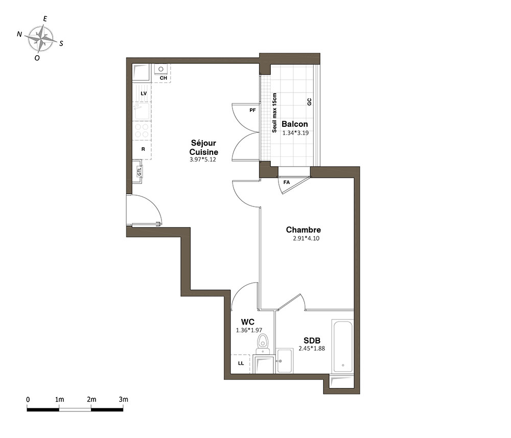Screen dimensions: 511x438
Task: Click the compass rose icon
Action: pyautogui.click(x=40, y=39)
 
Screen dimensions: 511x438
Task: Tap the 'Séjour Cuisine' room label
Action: pyautogui.click(x=204, y=147)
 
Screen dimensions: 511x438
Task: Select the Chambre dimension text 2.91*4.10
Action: pyautogui.click(x=306, y=238)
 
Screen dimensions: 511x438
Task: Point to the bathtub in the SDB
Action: pyautogui.click(x=342, y=347)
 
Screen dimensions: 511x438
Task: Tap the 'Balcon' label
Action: pyautogui.click(x=295, y=124)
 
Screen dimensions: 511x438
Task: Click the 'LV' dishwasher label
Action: pyautogui.click(x=144, y=94)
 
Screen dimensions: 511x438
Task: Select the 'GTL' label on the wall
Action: pyautogui.click(x=140, y=171)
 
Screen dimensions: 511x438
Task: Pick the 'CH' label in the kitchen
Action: pyautogui.click(x=164, y=78)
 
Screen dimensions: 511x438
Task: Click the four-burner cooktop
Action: pyautogui.click(x=142, y=130)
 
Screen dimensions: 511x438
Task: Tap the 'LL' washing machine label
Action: pyautogui.click(x=241, y=363)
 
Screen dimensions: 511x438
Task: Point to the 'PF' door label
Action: pyautogui.click(x=252, y=110)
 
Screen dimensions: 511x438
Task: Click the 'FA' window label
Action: pyautogui.click(x=287, y=182)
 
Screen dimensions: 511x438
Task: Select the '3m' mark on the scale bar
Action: pyautogui.click(x=124, y=399)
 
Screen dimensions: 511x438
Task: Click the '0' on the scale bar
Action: pyautogui.click(x=28, y=399)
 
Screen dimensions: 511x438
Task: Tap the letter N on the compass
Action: pyautogui.click(x=19, y=34)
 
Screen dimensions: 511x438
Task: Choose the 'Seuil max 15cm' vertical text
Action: pyautogui.click(x=274, y=113)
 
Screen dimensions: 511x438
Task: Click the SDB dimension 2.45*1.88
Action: pyautogui.click(x=312, y=349)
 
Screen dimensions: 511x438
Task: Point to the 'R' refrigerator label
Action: pyautogui.click(x=143, y=149)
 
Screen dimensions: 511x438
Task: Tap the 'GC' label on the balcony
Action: pyautogui.click(x=309, y=102)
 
